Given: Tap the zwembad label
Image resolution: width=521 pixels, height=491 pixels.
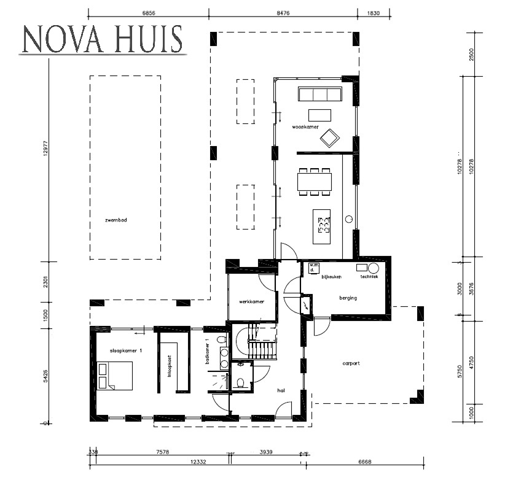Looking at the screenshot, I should pyautogui.click(x=116, y=219).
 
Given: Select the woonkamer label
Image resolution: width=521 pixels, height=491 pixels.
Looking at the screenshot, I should pyautogui.click(x=305, y=127).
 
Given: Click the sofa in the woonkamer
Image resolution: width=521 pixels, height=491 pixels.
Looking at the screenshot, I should pyautogui.click(x=319, y=94).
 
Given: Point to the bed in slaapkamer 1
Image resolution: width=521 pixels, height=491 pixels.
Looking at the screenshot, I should pyautogui.click(x=115, y=375).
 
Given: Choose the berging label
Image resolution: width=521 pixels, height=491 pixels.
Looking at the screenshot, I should pyautogui.click(x=348, y=298).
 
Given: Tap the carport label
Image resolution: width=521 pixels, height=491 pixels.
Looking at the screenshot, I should pyautogui.click(x=351, y=363).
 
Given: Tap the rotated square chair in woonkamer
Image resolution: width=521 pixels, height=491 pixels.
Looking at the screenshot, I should pyautogui.click(x=329, y=138).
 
